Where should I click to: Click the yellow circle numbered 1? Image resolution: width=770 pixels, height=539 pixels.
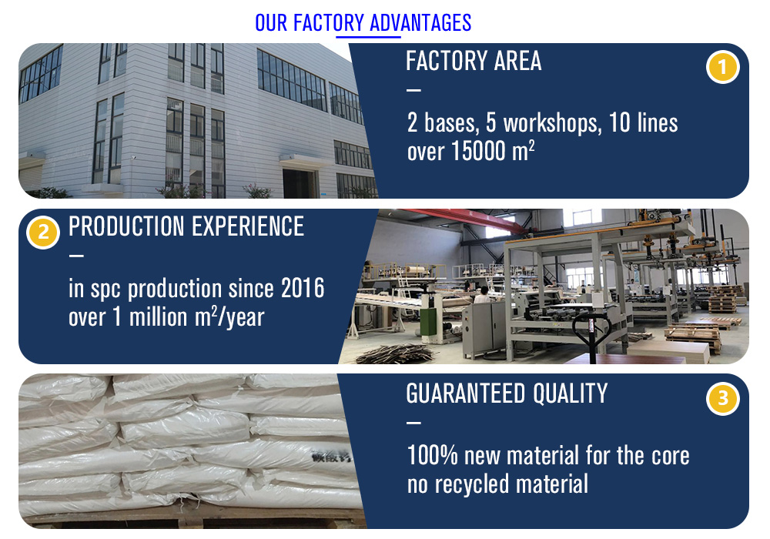(722, 67)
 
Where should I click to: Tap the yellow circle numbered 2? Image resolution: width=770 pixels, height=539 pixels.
(43, 233)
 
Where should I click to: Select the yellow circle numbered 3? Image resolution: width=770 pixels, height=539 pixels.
(722, 398)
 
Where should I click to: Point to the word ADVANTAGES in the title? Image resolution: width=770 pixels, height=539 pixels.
(420, 23)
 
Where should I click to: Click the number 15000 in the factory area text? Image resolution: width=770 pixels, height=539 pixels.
(478, 151)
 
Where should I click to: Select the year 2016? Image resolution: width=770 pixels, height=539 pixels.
(303, 288)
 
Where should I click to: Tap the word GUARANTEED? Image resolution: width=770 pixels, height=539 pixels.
(466, 393)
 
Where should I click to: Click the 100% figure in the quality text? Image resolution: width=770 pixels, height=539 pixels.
(433, 455)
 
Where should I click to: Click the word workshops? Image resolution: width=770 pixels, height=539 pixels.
(552, 122)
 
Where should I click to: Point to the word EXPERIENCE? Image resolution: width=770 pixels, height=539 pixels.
(248, 226)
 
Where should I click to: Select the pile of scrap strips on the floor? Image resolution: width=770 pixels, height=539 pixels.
(396, 353)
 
